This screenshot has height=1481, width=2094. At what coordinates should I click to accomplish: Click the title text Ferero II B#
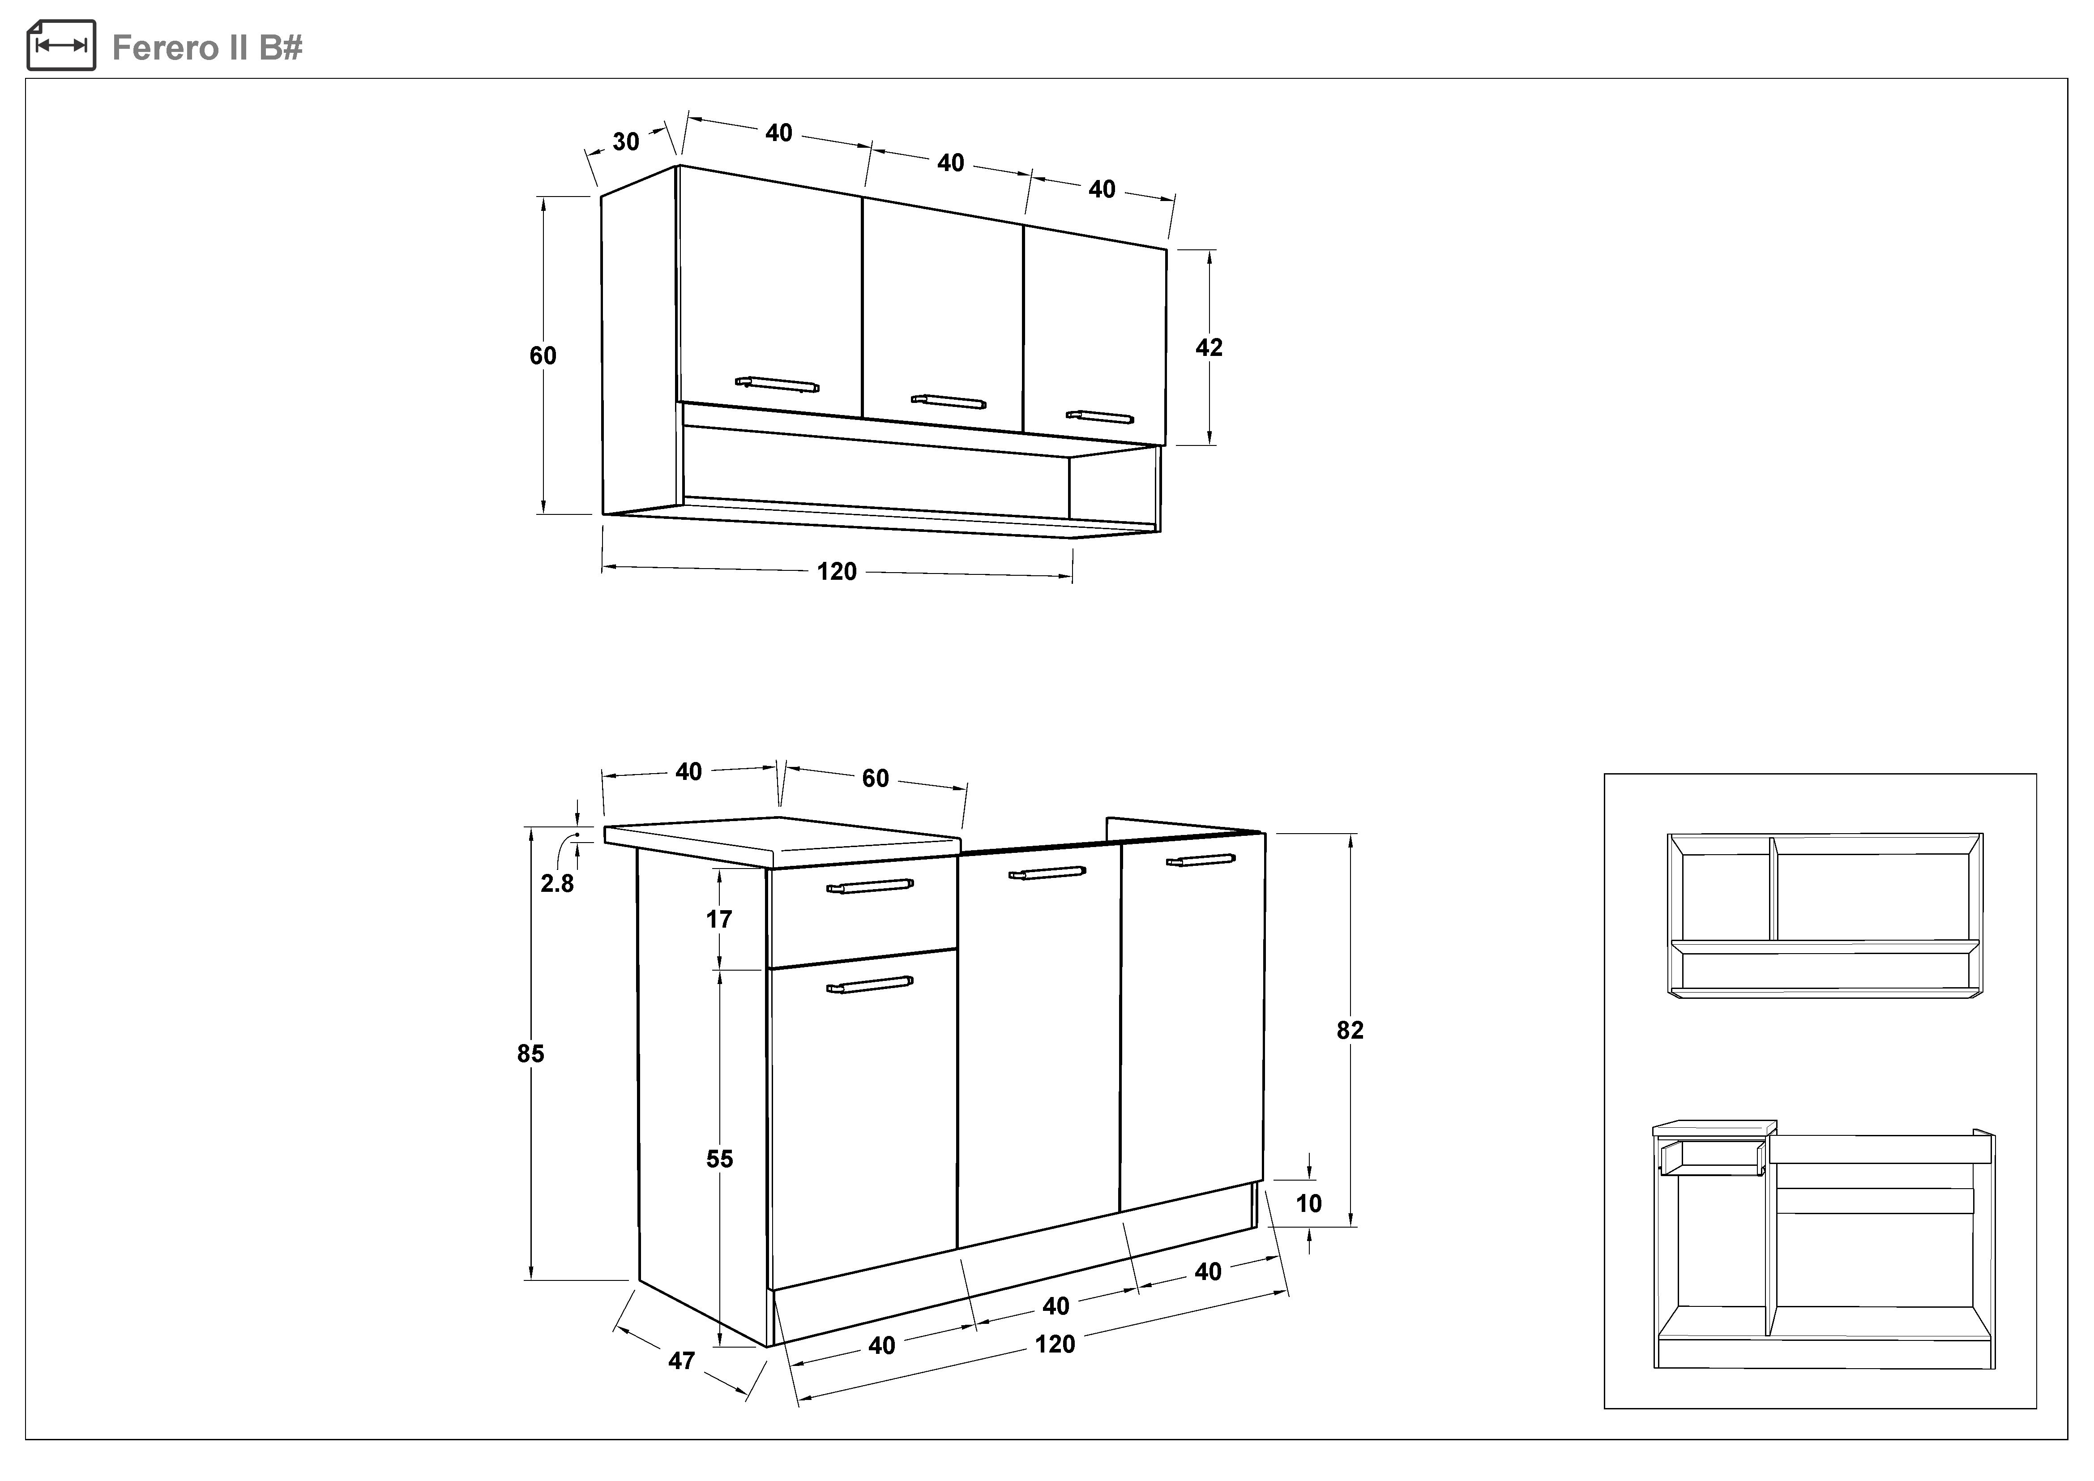207,47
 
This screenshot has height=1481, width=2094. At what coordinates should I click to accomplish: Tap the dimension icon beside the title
61,46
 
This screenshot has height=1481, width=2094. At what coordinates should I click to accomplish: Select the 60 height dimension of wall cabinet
543,355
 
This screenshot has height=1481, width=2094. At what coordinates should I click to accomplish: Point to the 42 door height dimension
1209,347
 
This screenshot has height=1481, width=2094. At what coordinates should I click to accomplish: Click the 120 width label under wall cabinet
836,572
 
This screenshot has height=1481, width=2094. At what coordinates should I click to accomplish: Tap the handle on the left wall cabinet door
777,384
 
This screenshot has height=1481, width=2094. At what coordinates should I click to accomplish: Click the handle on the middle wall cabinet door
949,401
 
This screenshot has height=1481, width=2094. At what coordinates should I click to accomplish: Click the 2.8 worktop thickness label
557,884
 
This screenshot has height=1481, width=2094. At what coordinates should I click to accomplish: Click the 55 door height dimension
720,1159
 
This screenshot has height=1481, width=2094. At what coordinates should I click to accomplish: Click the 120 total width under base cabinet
1055,1344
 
